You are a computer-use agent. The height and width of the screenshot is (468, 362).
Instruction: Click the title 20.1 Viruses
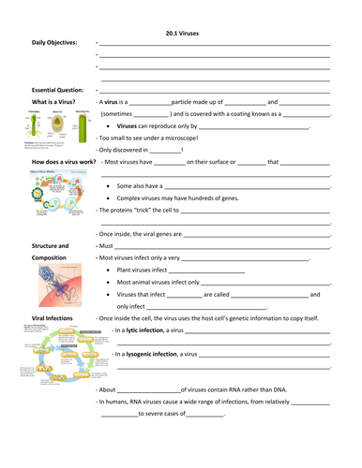(182, 34)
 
